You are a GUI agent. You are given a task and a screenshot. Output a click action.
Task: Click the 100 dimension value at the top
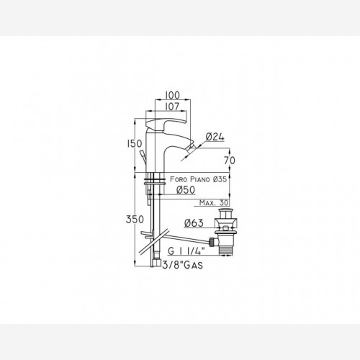(x=173, y=95)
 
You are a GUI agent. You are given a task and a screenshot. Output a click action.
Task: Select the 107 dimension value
(x=172, y=107)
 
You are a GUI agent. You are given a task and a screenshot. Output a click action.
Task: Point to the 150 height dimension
(x=135, y=144)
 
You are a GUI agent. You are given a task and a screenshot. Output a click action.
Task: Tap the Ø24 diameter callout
(x=215, y=137)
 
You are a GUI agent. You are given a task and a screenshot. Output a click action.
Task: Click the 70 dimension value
(x=230, y=161)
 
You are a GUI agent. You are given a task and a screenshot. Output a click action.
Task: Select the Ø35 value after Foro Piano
(x=220, y=179)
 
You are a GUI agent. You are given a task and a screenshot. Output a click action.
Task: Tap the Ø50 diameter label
(x=186, y=190)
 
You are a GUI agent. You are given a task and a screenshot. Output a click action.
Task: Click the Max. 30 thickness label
(x=214, y=203)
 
